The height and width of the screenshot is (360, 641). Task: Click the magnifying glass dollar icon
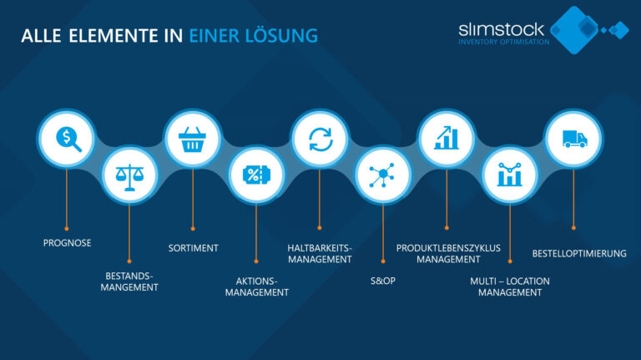pyautogui.click(x=68, y=139)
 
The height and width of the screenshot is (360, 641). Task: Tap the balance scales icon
pyautogui.click(x=129, y=177)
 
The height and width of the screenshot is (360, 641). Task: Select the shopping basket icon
pyautogui.click(x=192, y=139)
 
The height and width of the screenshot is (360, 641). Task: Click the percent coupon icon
pyautogui.click(x=256, y=175)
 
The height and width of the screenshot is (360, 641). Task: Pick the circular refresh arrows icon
pyautogui.click(x=320, y=139)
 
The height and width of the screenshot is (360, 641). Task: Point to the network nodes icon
pyautogui.click(x=382, y=175)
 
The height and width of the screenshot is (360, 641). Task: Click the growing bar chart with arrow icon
pyautogui.click(x=447, y=138)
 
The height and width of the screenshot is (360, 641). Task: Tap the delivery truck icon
pyautogui.click(x=574, y=139)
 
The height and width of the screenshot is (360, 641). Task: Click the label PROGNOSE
pyautogui.click(x=67, y=243)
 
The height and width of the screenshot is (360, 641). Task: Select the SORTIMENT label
pyautogui.click(x=194, y=248)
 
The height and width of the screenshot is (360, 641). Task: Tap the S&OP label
pyautogui.click(x=382, y=281)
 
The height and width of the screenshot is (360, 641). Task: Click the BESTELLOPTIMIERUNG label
pyautogui.click(x=579, y=254)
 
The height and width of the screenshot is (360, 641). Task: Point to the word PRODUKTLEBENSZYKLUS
pyautogui.click(x=448, y=248)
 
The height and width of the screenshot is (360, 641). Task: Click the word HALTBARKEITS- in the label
pyautogui.click(x=320, y=248)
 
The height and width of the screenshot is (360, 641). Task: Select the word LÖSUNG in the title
pyautogui.click(x=281, y=35)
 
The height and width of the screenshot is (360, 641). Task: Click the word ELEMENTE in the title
pyautogui.click(x=114, y=36)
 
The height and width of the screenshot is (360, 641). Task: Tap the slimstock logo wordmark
pyautogui.click(x=501, y=29)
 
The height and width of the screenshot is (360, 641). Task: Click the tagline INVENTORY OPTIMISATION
pyautogui.click(x=503, y=42)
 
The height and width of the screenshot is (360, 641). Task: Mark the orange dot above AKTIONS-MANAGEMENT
pyautogui.click(x=256, y=261)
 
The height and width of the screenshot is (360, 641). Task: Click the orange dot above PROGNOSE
pyautogui.click(x=67, y=229)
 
